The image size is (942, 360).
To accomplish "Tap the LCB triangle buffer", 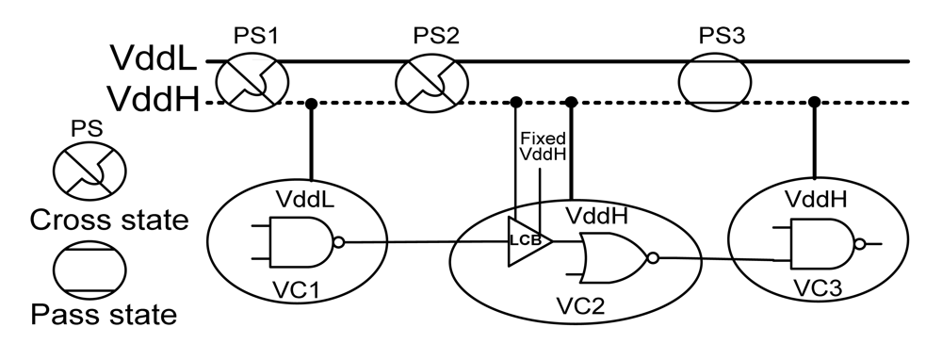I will pyautogui.click(x=524, y=240).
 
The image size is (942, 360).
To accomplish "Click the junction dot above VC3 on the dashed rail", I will pyautogui.click(x=814, y=101).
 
